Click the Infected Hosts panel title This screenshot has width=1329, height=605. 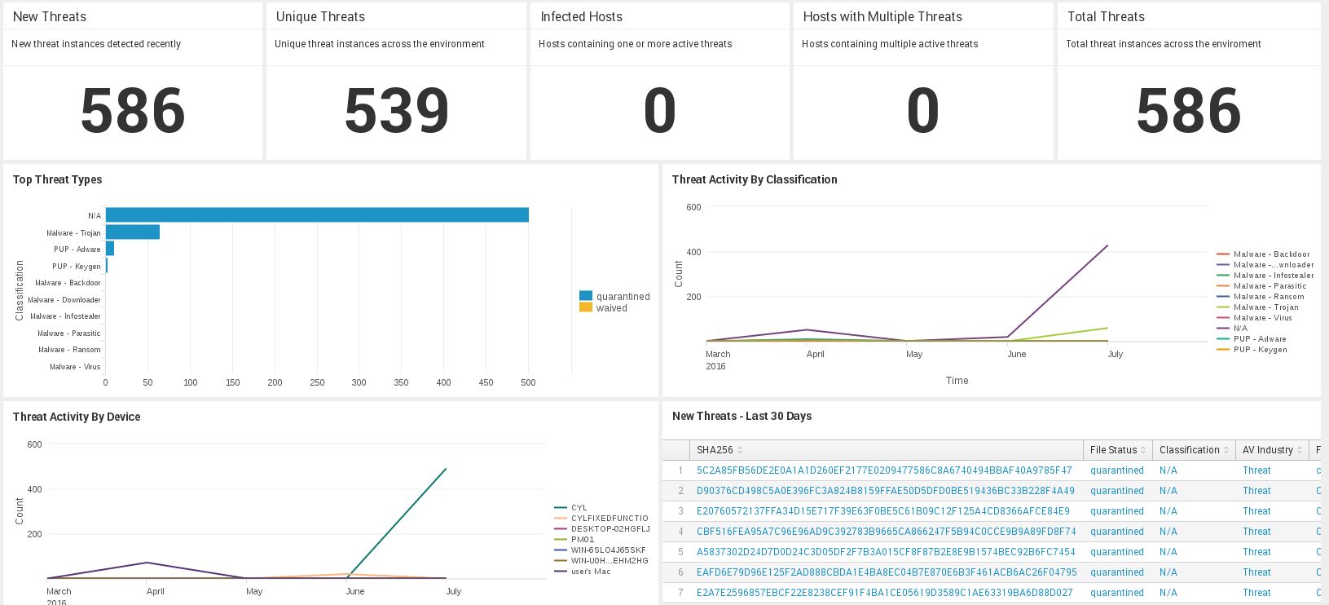point(581,16)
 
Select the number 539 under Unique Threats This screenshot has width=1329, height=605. point(396,111)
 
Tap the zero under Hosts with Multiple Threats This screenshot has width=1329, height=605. point(922,111)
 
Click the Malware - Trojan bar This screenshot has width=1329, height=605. point(133,232)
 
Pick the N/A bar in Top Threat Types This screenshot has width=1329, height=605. point(317,215)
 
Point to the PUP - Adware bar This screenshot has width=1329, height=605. point(110,249)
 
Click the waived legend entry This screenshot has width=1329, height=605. point(611,308)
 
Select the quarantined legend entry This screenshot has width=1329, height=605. point(623,297)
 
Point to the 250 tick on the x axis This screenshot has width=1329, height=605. point(317,382)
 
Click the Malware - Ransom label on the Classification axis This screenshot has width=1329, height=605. point(69,350)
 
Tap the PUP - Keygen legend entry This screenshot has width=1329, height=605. point(1260,350)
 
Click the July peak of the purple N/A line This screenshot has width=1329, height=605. point(1107,245)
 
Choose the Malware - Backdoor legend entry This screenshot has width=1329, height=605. point(1271,254)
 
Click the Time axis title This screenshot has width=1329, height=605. point(957,381)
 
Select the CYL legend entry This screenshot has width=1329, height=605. point(579,508)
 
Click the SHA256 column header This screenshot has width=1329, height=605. point(715,450)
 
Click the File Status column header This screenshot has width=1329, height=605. point(1113,450)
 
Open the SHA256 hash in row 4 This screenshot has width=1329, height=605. point(886,532)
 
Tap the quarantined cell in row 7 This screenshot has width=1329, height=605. point(1117,593)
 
